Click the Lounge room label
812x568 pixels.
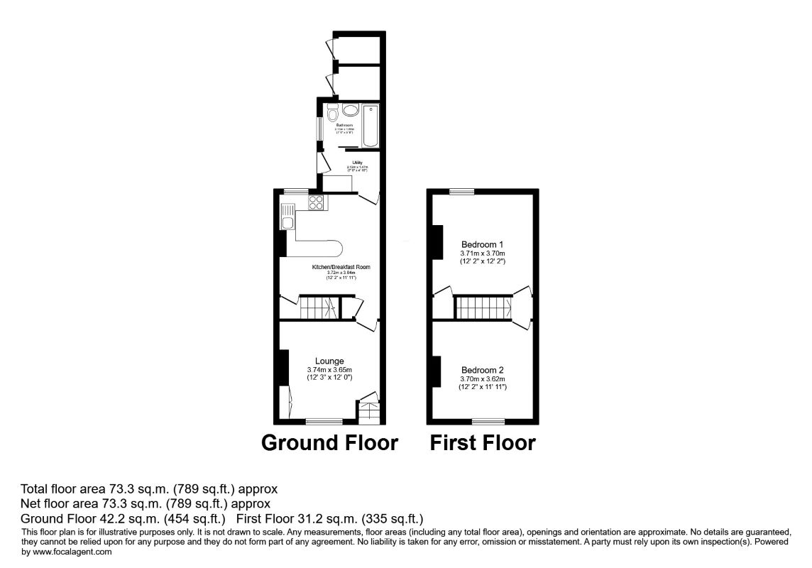coord(329,361)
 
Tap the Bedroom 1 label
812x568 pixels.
coord(482,244)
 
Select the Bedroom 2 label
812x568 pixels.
coord(482,370)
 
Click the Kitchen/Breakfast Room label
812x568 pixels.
coord(341,267)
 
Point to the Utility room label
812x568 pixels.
coord(357,163)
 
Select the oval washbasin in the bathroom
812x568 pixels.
coord(350,110)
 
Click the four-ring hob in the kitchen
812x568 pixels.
coord(317,202)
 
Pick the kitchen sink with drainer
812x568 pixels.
coord(287,216)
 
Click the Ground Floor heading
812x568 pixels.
coord(329,442)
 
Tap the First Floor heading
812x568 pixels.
coord(482,442)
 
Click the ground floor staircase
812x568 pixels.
coord(317,308)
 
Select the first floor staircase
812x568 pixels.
coord(483,308)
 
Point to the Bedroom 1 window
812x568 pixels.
coord(461,190)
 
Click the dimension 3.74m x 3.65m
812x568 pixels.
coord(329,370)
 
